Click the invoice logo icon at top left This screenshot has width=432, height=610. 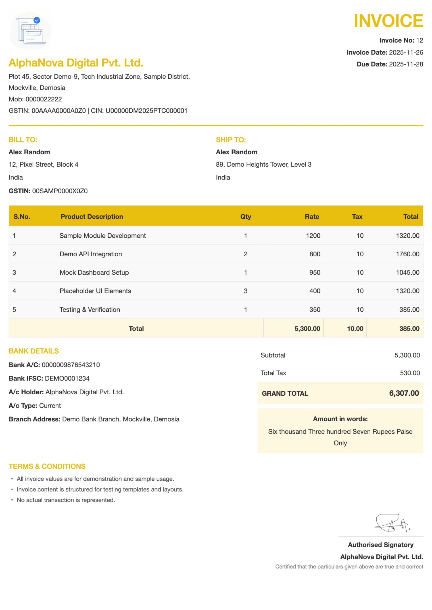coord(31,30)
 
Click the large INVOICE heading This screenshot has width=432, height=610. coord(388,21)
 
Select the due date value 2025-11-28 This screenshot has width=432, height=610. coord(406,64)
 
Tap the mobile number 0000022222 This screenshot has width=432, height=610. coord(44,99)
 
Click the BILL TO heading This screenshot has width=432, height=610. coord(23,140)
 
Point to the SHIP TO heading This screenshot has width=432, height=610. coord(231,140)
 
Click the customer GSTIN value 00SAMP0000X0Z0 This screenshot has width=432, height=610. coord(60,191)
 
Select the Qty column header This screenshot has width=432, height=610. coord(246,216)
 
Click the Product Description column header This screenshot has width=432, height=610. coord(92,216)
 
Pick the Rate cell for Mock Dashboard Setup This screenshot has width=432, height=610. coord(315,272)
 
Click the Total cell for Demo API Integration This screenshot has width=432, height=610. coord(407,254)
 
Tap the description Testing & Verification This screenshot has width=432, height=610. coord(90,310)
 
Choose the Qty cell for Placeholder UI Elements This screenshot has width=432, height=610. coord(246,291)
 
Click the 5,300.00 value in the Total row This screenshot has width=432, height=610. coord(307,329)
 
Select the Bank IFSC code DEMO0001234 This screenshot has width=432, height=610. coord(67,378)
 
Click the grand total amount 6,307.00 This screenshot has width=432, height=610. coord(404,393)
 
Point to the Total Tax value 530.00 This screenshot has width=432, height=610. coord(410,373)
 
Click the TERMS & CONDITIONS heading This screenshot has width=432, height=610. coord(47,466)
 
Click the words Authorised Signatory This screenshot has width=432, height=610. coord(380,545)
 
